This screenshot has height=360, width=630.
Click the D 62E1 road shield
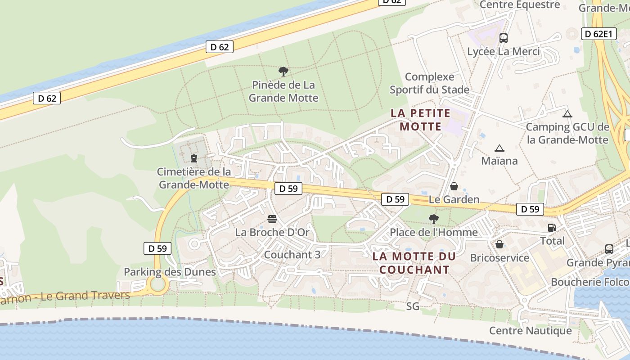[598, 34]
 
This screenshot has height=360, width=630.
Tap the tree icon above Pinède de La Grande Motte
[283, 71]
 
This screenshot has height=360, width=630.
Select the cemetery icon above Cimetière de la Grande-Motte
[194, 158]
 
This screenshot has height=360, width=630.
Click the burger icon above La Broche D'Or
[272, 219]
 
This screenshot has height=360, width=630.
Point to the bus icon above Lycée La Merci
[504, 38]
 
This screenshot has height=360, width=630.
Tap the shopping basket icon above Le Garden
[454, 186]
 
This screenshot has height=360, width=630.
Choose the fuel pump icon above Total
[552, 228]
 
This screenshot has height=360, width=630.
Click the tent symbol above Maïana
[499, 148]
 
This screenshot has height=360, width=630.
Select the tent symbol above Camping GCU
[567, 114]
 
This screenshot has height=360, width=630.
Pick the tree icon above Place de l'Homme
[434, 219]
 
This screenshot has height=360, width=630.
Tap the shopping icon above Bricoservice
[499, 244]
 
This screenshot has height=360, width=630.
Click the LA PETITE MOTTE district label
[420, 120]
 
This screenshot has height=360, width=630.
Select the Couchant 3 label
[292, 255]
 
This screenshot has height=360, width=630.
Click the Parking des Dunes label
[170, 272]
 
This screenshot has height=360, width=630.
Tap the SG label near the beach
[413, 306]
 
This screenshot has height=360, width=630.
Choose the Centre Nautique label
[530, 331]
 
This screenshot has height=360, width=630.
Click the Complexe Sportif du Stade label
[429, 83]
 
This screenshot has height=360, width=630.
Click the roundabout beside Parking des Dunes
[158, 284]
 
